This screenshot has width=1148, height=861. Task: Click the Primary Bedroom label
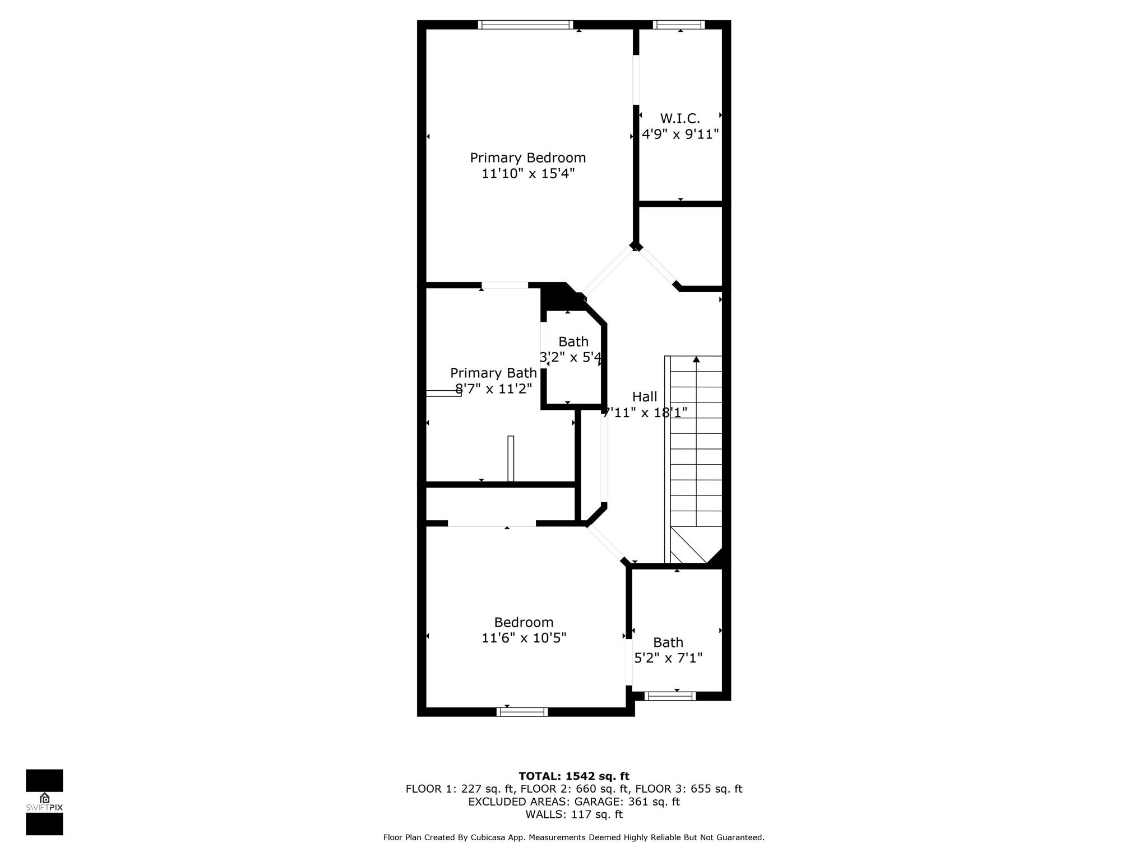(x=527, y=158)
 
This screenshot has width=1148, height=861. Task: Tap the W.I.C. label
(x=680, y=118)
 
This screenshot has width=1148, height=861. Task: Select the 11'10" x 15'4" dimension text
(x=528, y=174)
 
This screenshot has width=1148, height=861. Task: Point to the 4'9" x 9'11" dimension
(x=680, y=135)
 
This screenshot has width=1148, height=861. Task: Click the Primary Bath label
(x=493, y=373)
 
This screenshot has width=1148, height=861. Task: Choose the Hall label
(x=645, y=396)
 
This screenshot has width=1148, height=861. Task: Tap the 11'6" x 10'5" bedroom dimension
(x=524, y=638)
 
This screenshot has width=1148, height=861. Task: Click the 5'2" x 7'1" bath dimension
(x=668, y=658)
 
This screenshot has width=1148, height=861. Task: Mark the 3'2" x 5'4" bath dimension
(x=571, y=357)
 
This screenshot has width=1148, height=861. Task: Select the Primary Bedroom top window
(x=525, y=25)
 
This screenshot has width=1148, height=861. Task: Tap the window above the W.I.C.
(x=679, y=25)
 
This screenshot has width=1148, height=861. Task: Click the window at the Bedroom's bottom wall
(x=522, y=712)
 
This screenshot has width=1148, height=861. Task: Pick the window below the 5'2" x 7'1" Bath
(x=670, y=696)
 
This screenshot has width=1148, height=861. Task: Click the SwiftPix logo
(x=44, y=802)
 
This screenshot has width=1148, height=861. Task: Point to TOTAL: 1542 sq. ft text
(x=574, y=776)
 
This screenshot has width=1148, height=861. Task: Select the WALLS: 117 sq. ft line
(x=574, y=814)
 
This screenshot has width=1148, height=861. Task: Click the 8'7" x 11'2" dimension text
(x=493, y=389)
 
